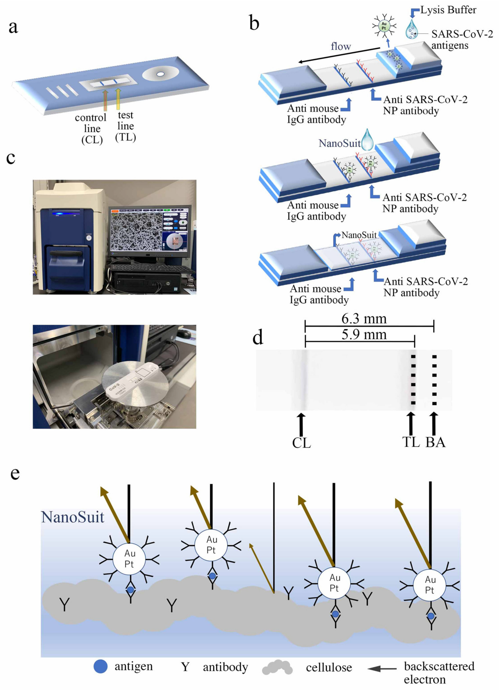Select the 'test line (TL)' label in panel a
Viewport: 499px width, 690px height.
tap(125, 126)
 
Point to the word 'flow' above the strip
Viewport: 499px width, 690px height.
tap(341, 46)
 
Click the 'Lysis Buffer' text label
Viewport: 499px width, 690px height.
tap(448, 10)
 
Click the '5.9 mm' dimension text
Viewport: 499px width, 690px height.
tap(364, 335)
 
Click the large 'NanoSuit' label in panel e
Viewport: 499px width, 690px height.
tap(73, 517)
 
